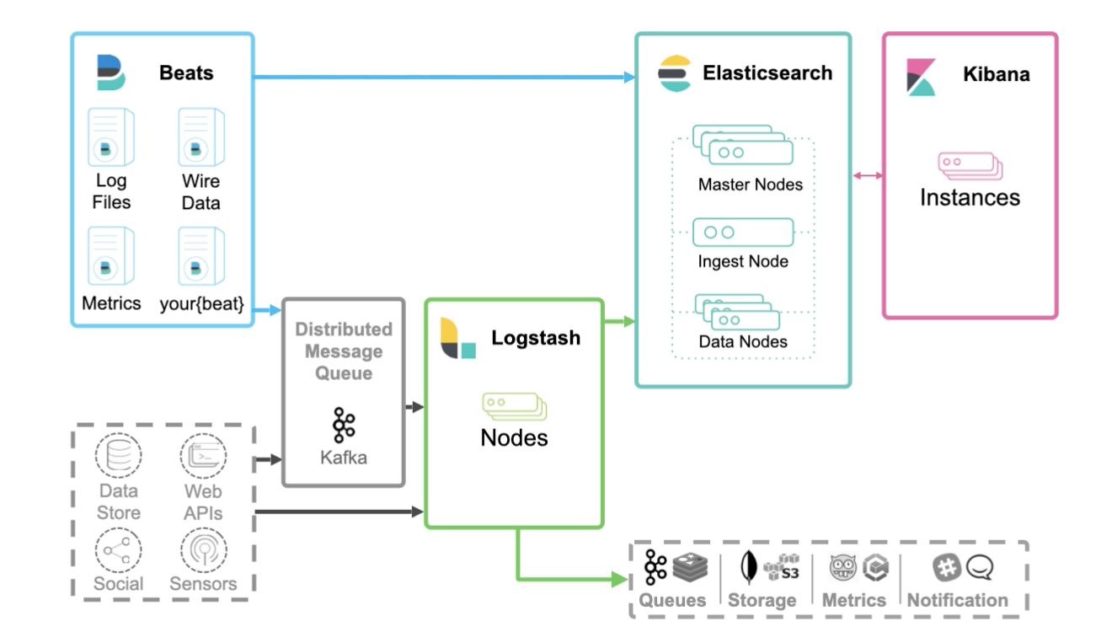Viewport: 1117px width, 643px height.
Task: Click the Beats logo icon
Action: click(x=111, y=72)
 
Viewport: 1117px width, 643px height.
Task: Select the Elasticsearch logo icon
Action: click(x=675, y=72)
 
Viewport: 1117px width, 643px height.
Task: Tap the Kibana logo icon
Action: click(x=921, y=77)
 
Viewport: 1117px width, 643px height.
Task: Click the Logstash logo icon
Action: click(x=458, y=339)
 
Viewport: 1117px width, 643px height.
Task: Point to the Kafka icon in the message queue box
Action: click(x=344, y=426)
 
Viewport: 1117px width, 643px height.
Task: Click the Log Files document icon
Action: click(x=111, y=137)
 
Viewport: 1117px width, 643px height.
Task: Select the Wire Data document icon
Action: click(x=200, y=137)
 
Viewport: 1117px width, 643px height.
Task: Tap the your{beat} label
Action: click(x=201, y=303)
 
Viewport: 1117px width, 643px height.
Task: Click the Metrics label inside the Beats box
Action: click(x=111, y=303)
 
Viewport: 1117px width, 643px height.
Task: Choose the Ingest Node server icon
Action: click(x=743, y=232)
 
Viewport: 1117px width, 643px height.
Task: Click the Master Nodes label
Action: click(x=750, y=184)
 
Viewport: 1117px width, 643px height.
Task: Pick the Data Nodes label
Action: click(x=743, y=342)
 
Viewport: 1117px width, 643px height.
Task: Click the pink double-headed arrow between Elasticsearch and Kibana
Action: click(x=868, y=175)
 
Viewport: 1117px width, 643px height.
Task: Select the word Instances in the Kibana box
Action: click(x=970, y=198)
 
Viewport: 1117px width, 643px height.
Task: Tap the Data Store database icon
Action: click(x=118, y=456)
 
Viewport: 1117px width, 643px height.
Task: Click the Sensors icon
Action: click(x=203, y=549)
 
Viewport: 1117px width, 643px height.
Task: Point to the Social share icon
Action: click(x=118, y=549)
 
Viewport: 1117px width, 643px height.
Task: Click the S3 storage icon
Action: click(x=781, y=568)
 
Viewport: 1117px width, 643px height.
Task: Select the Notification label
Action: click(x=957, y=600)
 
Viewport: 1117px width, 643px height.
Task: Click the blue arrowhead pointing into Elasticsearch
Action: click(x=628, y=78)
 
